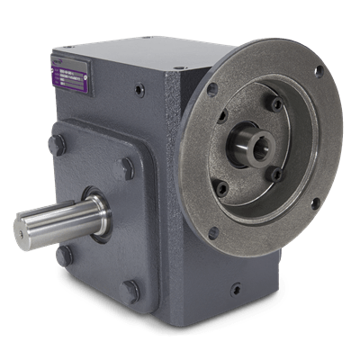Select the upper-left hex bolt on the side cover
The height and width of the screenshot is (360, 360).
(58, 144)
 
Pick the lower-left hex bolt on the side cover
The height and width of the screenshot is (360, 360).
(63, 255)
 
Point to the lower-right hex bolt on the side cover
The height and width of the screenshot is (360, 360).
(131, 290)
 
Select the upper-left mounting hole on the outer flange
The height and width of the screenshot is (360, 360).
(212, 89)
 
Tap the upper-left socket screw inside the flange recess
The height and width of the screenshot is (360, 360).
(221, 115)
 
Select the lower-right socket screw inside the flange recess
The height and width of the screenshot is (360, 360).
(274, 174)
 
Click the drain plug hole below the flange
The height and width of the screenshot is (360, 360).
(236, 290)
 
